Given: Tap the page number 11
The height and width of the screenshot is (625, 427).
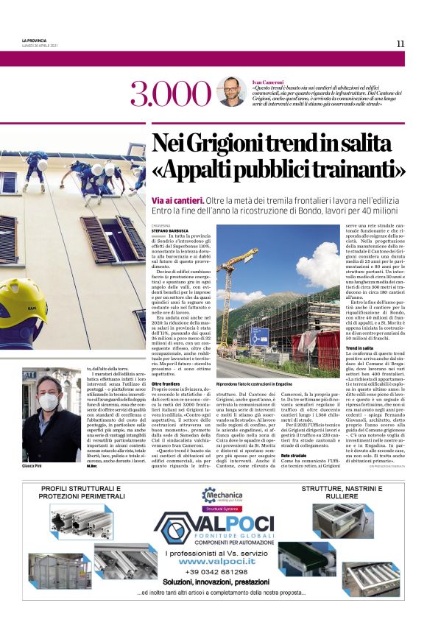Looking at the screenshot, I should tap(400, 43).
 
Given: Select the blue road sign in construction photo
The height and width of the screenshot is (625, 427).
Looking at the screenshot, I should tap(259, 336).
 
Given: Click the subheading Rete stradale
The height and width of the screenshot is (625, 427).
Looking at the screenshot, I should tap(299, 435).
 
